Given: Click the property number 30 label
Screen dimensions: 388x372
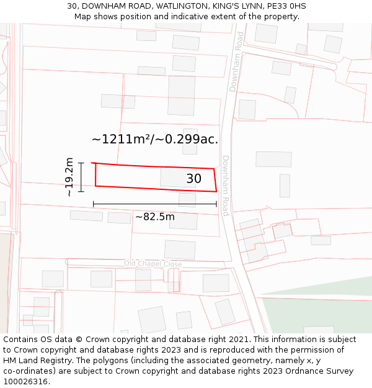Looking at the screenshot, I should coord(193,179).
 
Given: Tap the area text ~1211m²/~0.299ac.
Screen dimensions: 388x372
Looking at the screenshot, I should coord(155,140).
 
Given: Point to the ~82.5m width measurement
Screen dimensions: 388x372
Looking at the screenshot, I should coord(155,217).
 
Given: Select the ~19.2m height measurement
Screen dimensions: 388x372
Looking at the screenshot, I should coord(69,177).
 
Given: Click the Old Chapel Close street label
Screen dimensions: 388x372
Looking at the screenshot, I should coord(153,264).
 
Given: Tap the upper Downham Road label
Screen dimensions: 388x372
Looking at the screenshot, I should coord(236,62).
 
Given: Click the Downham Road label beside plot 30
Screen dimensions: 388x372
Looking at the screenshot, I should coord(226,185).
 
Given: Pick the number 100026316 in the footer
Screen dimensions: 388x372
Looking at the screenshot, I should coord(25,382).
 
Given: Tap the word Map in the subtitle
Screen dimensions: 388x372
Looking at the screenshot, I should coord(83,17).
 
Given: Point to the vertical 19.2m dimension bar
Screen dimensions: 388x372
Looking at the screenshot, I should coord(81,177).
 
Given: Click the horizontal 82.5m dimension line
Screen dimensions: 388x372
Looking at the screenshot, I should coord(155,204).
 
